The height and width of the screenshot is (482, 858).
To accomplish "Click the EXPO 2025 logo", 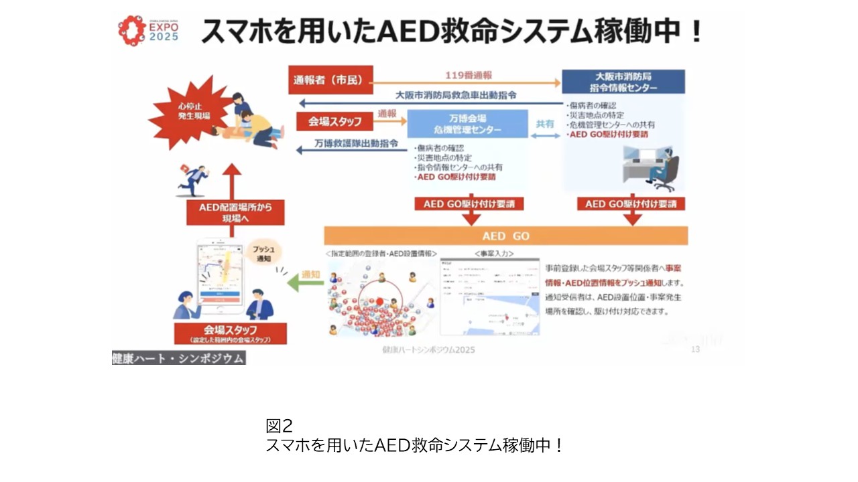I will [148, 29].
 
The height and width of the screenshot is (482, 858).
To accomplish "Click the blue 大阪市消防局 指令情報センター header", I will [623, 81].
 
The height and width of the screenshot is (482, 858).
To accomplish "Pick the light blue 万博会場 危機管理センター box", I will [467, 124].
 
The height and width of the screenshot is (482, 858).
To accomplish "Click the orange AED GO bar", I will [505, 236].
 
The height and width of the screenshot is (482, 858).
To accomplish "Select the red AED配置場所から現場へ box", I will [232, 212].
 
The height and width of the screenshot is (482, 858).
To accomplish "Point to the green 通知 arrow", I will [306, 284].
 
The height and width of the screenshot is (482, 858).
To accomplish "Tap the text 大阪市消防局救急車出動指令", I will [455, 96].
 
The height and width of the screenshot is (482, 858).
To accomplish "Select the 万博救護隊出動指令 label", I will [356, 143].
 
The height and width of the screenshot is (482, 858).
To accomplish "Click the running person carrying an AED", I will [194, 179].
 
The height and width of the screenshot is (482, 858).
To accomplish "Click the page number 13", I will [695, 349].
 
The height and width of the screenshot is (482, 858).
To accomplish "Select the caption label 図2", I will [280, 426].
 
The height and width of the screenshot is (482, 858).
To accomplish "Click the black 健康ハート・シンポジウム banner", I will [178, 358].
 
